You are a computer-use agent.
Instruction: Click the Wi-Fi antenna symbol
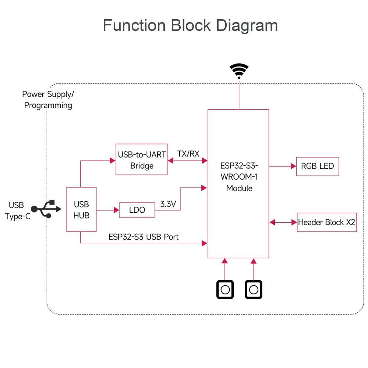239,71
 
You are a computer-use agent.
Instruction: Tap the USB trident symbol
46,209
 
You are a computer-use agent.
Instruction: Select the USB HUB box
81,209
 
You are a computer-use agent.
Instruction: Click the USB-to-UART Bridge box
142,159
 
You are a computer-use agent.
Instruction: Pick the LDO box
137,210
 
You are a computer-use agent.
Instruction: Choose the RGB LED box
317,166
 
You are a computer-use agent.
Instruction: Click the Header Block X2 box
327,222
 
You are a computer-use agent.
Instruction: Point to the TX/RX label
188,154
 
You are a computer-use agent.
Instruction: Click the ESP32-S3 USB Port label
144,237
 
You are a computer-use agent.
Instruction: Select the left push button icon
225,290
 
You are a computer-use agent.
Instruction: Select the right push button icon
254,290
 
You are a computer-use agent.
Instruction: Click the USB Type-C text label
17,211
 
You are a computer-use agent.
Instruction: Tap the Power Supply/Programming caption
48,100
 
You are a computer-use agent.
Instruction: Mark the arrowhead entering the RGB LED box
293,166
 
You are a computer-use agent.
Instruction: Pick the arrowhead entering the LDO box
117,210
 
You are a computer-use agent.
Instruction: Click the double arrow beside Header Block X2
283,222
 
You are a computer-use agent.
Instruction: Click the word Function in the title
134,25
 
